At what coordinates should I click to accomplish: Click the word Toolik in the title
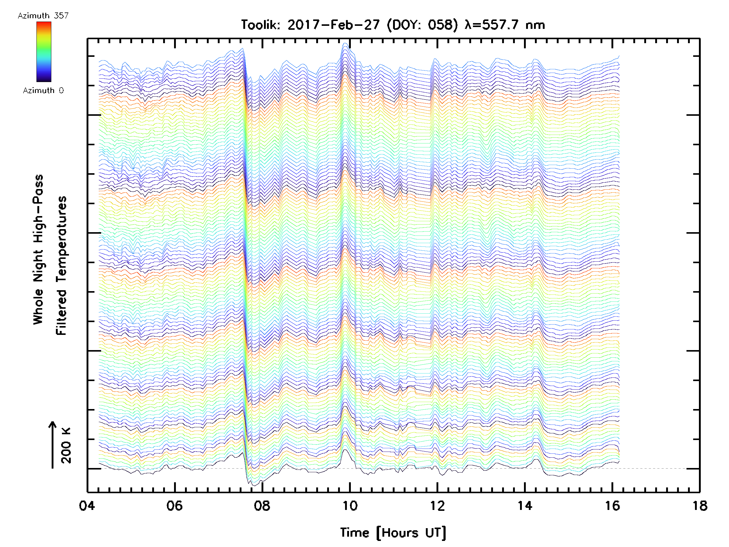click(x=260, y=25)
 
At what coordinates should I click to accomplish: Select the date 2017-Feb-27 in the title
click(x=334, y=25)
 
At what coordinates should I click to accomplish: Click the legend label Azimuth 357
click(x=43, y=16)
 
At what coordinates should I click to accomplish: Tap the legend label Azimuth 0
click(x=43, y=91)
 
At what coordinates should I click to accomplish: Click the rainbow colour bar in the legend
click(x=44, y=52)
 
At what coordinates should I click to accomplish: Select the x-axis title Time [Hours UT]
click(x=393, y=533)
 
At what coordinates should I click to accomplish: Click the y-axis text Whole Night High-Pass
click(x=38, y=249)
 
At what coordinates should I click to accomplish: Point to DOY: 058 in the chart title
click(x=422, y=25)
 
